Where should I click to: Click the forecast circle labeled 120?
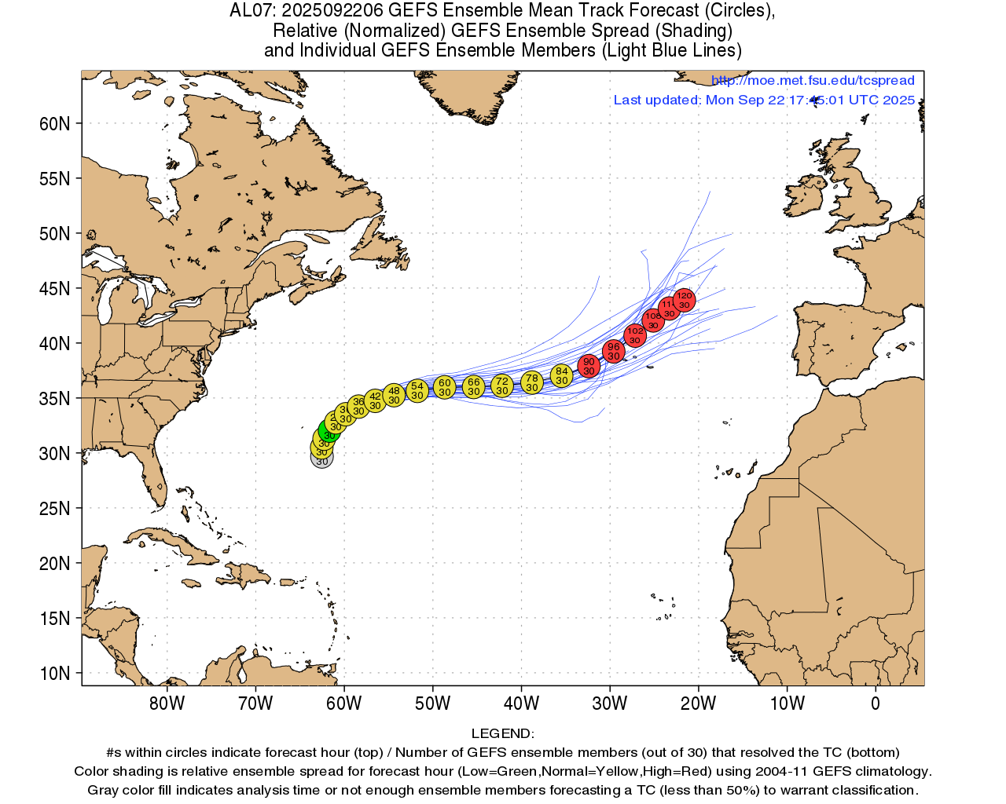click(x=684, y=300)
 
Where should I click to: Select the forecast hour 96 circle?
click(x=614, y=351)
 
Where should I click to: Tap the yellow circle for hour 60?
click(x=445, y=387)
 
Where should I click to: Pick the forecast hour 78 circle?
click(x=532, y=382)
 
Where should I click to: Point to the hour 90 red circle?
click(x=589, y=366)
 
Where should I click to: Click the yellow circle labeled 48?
click(x=394, y=395)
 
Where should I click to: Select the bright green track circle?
click(x=329, y=433)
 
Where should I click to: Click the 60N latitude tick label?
click(x=54, y=124)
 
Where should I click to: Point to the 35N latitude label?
click(x=54, y=399)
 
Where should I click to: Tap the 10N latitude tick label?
click(x=54, y=674)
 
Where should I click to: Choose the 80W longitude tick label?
click(x=167, y=703)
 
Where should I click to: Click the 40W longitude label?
click(x=521, y=703)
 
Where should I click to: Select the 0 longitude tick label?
click(x=876, y=703)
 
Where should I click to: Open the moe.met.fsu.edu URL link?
click(x=813, y=80)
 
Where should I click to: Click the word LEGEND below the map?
click(x=502, y=733)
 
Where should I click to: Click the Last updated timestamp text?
click(x=764, y=100)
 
